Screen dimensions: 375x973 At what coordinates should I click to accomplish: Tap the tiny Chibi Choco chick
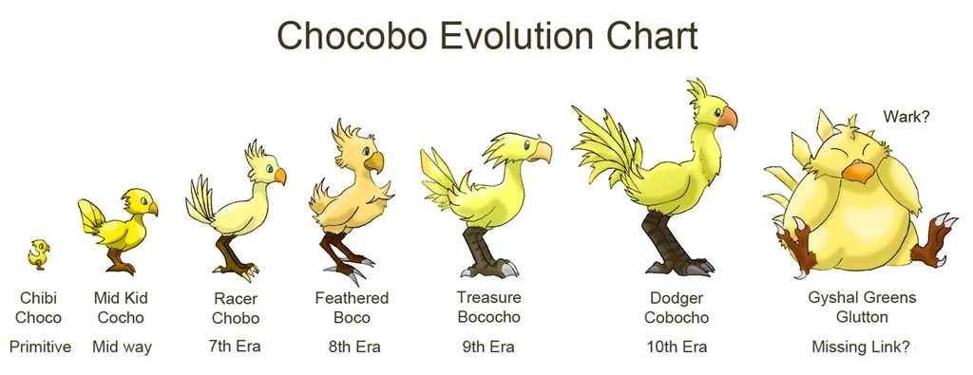[x=38, y=253]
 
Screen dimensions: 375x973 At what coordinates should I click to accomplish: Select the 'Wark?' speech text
[x=906, y=117]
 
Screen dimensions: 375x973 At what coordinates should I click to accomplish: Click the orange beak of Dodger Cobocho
[x=727, y=118]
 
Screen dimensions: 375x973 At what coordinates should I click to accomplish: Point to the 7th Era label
[x=235, y=347]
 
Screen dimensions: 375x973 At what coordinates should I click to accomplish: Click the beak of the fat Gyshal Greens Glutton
[x=858, y=172]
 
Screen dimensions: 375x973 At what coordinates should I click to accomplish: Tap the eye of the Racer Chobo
[x=270, y=171]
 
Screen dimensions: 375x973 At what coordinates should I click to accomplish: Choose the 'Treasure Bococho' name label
[x=488, y=307]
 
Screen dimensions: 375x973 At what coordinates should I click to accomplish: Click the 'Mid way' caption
[x=122, y=347]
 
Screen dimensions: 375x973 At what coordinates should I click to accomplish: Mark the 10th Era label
[x=676, y=347]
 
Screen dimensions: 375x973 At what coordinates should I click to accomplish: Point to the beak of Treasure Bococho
[x=542, y=151]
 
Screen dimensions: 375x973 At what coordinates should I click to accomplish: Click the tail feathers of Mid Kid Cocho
[x=91, y=215]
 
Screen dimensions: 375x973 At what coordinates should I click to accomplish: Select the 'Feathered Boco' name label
[x=352, y=307]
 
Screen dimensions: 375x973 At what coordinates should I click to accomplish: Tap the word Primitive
[x=40, y=347]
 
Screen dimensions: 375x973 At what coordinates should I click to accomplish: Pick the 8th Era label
[x=354, y=347]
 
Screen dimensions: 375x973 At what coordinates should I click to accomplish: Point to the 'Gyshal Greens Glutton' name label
[x=862, y=307]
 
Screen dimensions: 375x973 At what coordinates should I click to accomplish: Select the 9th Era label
[x=487, y=347]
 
